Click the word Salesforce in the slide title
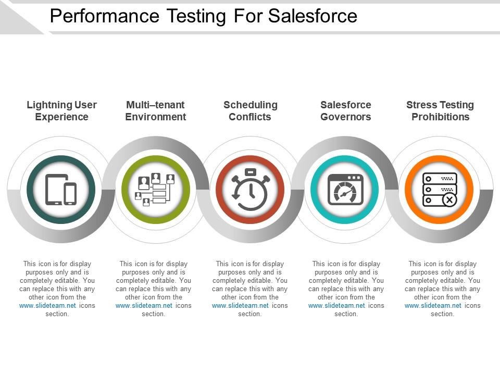coord(312,16)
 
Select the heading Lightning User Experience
coord(61,111)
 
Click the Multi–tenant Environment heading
coord(155,111)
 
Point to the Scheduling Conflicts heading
coord(250,111)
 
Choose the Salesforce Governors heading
coord(345,111)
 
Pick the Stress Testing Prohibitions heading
coord(440,111)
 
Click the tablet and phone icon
coord(61,190)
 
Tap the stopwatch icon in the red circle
coord(250,190)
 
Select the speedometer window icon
coord(345,190)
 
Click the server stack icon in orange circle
coord(440,190)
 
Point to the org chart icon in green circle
coord(155,190)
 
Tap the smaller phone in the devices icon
coord(70,194)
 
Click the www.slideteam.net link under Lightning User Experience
coord(47,306)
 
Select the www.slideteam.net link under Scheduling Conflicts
coord(240,306)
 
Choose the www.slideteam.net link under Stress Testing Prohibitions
coord(433,306)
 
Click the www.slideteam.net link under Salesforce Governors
coord(336,306)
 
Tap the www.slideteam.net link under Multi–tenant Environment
coord(144,306)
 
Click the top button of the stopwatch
coord(250,171)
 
